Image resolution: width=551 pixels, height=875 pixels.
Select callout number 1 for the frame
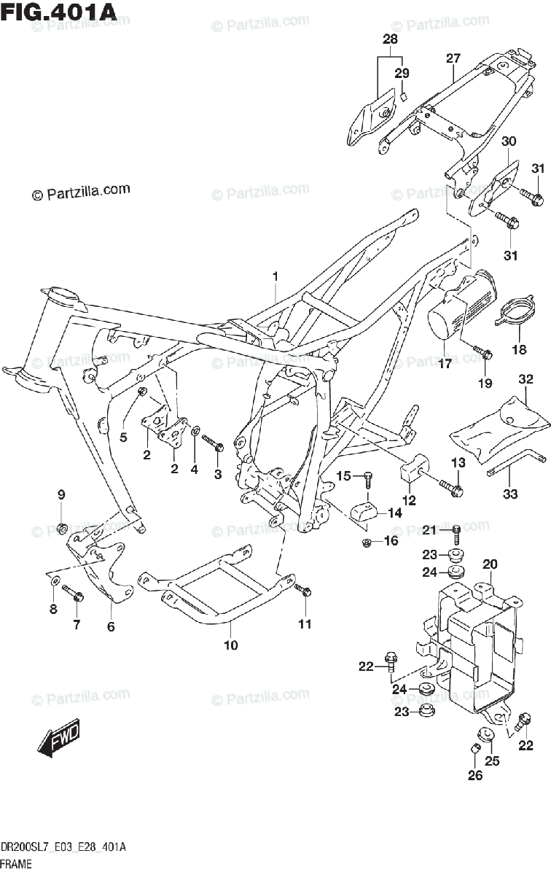(275, 276)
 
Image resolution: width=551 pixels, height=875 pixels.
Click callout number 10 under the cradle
(230, 645)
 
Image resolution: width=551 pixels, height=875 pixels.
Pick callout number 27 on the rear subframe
(453, 58)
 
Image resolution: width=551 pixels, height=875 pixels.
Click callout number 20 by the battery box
(489, 563)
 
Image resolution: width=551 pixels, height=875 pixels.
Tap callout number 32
(526, 379)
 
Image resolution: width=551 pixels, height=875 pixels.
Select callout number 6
(111, 626)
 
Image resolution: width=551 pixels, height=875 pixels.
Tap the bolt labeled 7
(73, 594)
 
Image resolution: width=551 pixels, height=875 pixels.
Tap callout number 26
(474, 776)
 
